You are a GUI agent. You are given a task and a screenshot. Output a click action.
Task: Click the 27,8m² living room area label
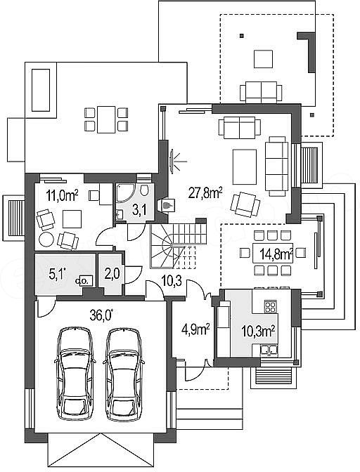[205, 193]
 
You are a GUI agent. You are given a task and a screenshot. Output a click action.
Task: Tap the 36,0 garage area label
[101, 315]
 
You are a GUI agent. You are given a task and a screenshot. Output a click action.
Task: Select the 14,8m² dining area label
[276, 254]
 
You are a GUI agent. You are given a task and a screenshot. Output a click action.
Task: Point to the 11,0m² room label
[62, 196]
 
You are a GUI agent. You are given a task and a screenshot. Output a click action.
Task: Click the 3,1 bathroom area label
[139, 209]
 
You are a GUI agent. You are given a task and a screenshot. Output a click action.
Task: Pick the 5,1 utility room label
[57, 274]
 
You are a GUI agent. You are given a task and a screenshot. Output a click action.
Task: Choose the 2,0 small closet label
[112, 274]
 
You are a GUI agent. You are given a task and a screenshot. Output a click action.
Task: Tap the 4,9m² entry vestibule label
[195, 329]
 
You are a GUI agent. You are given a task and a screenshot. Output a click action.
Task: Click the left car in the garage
[75, 374]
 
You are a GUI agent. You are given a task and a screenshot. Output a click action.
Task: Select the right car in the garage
[124, 374]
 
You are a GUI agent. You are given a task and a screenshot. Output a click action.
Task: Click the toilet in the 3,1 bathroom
[144, 190]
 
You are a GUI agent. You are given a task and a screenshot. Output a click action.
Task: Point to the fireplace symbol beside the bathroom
[167, 205]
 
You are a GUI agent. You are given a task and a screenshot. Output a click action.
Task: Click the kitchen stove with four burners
[270, 307]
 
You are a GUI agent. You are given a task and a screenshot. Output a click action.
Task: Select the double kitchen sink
[269, 350]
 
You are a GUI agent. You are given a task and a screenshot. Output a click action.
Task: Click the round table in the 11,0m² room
[46, 240]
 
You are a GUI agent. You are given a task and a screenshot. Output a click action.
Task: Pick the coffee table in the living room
[245, 166]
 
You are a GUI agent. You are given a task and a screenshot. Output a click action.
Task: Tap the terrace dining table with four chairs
[106, 119]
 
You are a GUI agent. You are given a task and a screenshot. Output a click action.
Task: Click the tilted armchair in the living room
[245, 204]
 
